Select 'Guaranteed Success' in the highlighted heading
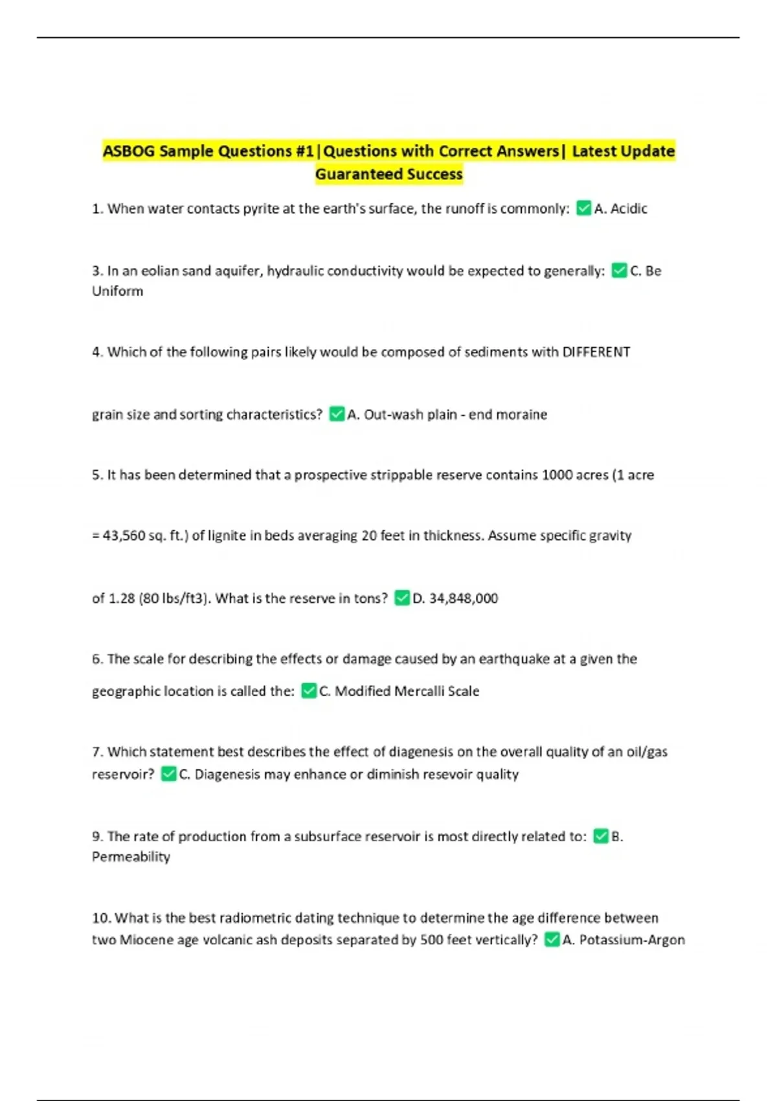(388, 174)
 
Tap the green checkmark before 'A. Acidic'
(583, 208)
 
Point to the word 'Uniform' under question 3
(117, 291)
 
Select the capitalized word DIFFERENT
(596, 352)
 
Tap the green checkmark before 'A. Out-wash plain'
(337, 414)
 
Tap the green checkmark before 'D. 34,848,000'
(402, 598)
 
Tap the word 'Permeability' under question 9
(131, 857)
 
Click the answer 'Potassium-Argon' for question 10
(631, 940)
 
